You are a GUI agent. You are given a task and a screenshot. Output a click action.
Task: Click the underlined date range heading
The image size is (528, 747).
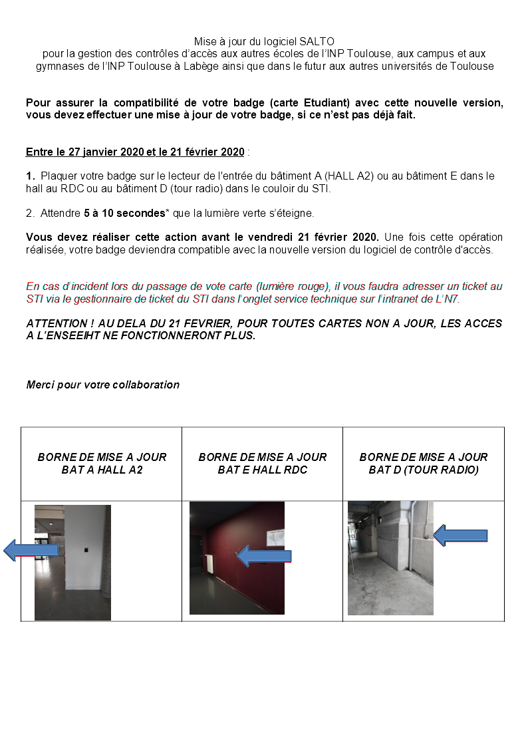pos(135,152)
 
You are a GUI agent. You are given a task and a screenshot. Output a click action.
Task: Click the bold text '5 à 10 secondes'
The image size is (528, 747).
pos(124,214)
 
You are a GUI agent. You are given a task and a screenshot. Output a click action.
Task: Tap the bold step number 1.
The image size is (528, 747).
pos(30,176)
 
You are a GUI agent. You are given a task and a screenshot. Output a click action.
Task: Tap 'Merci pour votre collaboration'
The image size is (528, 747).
pos(102,384)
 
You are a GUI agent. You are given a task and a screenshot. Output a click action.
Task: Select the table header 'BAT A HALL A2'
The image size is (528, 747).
pos(102,470)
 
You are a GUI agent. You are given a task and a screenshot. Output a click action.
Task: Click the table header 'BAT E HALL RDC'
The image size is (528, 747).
pos(262,470)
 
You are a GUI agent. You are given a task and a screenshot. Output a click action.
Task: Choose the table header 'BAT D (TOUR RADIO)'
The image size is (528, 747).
pos(423,470)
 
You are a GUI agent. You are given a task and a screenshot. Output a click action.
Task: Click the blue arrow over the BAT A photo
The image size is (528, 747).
pos(30,549)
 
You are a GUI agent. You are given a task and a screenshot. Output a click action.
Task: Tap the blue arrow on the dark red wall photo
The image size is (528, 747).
pos(264,556)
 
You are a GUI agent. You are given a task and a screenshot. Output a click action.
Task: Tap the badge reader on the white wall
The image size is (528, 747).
pos(87,549)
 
